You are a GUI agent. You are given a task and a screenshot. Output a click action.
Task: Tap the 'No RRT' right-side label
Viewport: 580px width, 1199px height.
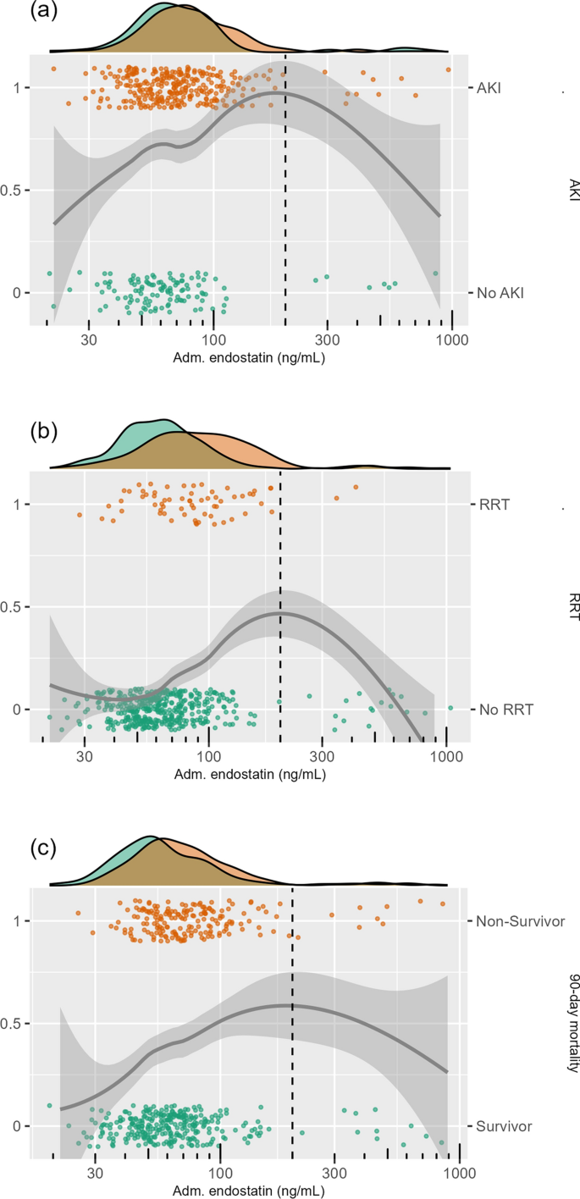pos(505,710)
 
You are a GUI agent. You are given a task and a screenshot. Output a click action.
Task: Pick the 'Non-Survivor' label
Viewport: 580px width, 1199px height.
pos(520,921)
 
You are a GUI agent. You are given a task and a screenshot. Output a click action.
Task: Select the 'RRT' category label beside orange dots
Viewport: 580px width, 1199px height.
pos(492,505)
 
